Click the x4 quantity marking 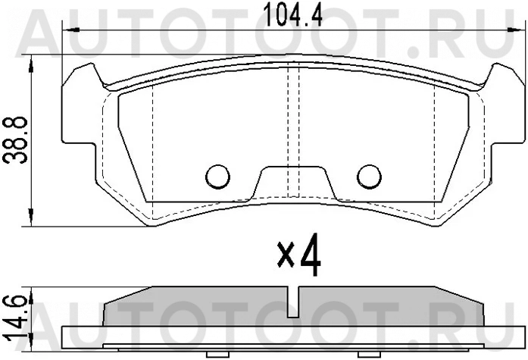click(x=298, y=258)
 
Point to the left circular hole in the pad click(x=217, y=176)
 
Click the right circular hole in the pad click(x=370, y=176)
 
